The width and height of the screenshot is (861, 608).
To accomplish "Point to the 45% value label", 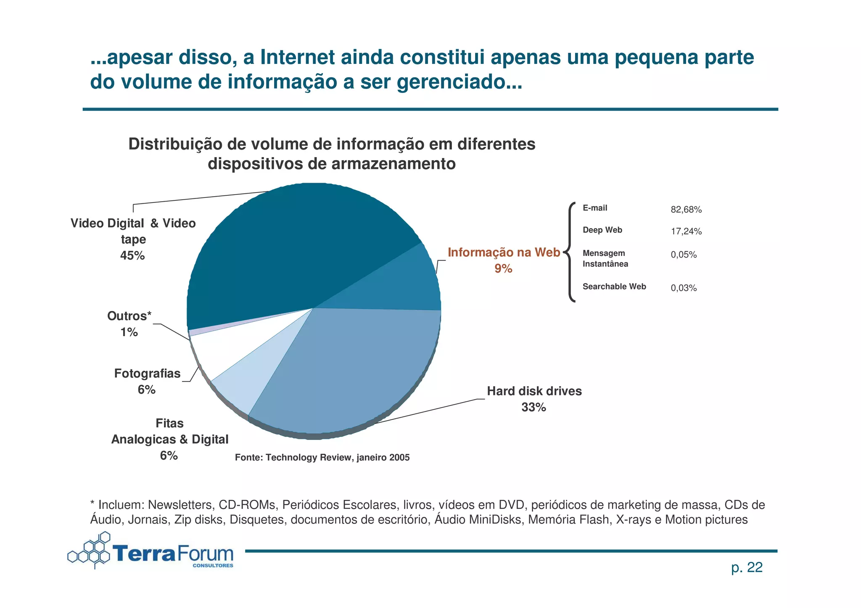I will coord(132,255).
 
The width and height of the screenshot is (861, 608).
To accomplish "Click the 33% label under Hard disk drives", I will coord(534,407).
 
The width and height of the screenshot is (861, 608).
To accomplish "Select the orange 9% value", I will coord(503,268).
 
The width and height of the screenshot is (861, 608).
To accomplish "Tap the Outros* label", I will coord(129,316).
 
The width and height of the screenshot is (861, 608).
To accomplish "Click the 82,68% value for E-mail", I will coord(686,209).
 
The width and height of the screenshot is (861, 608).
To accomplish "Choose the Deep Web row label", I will coord(602,230).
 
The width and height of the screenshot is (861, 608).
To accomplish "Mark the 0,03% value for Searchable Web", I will coord(684,288).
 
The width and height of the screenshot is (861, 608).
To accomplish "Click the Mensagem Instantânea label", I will coord(605,258).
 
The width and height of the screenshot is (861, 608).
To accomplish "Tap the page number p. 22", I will coord(747,568).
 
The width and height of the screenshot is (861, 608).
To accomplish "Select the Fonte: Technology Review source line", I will coord(322,457).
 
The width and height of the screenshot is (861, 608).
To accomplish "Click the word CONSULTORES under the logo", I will coord(213,566).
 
